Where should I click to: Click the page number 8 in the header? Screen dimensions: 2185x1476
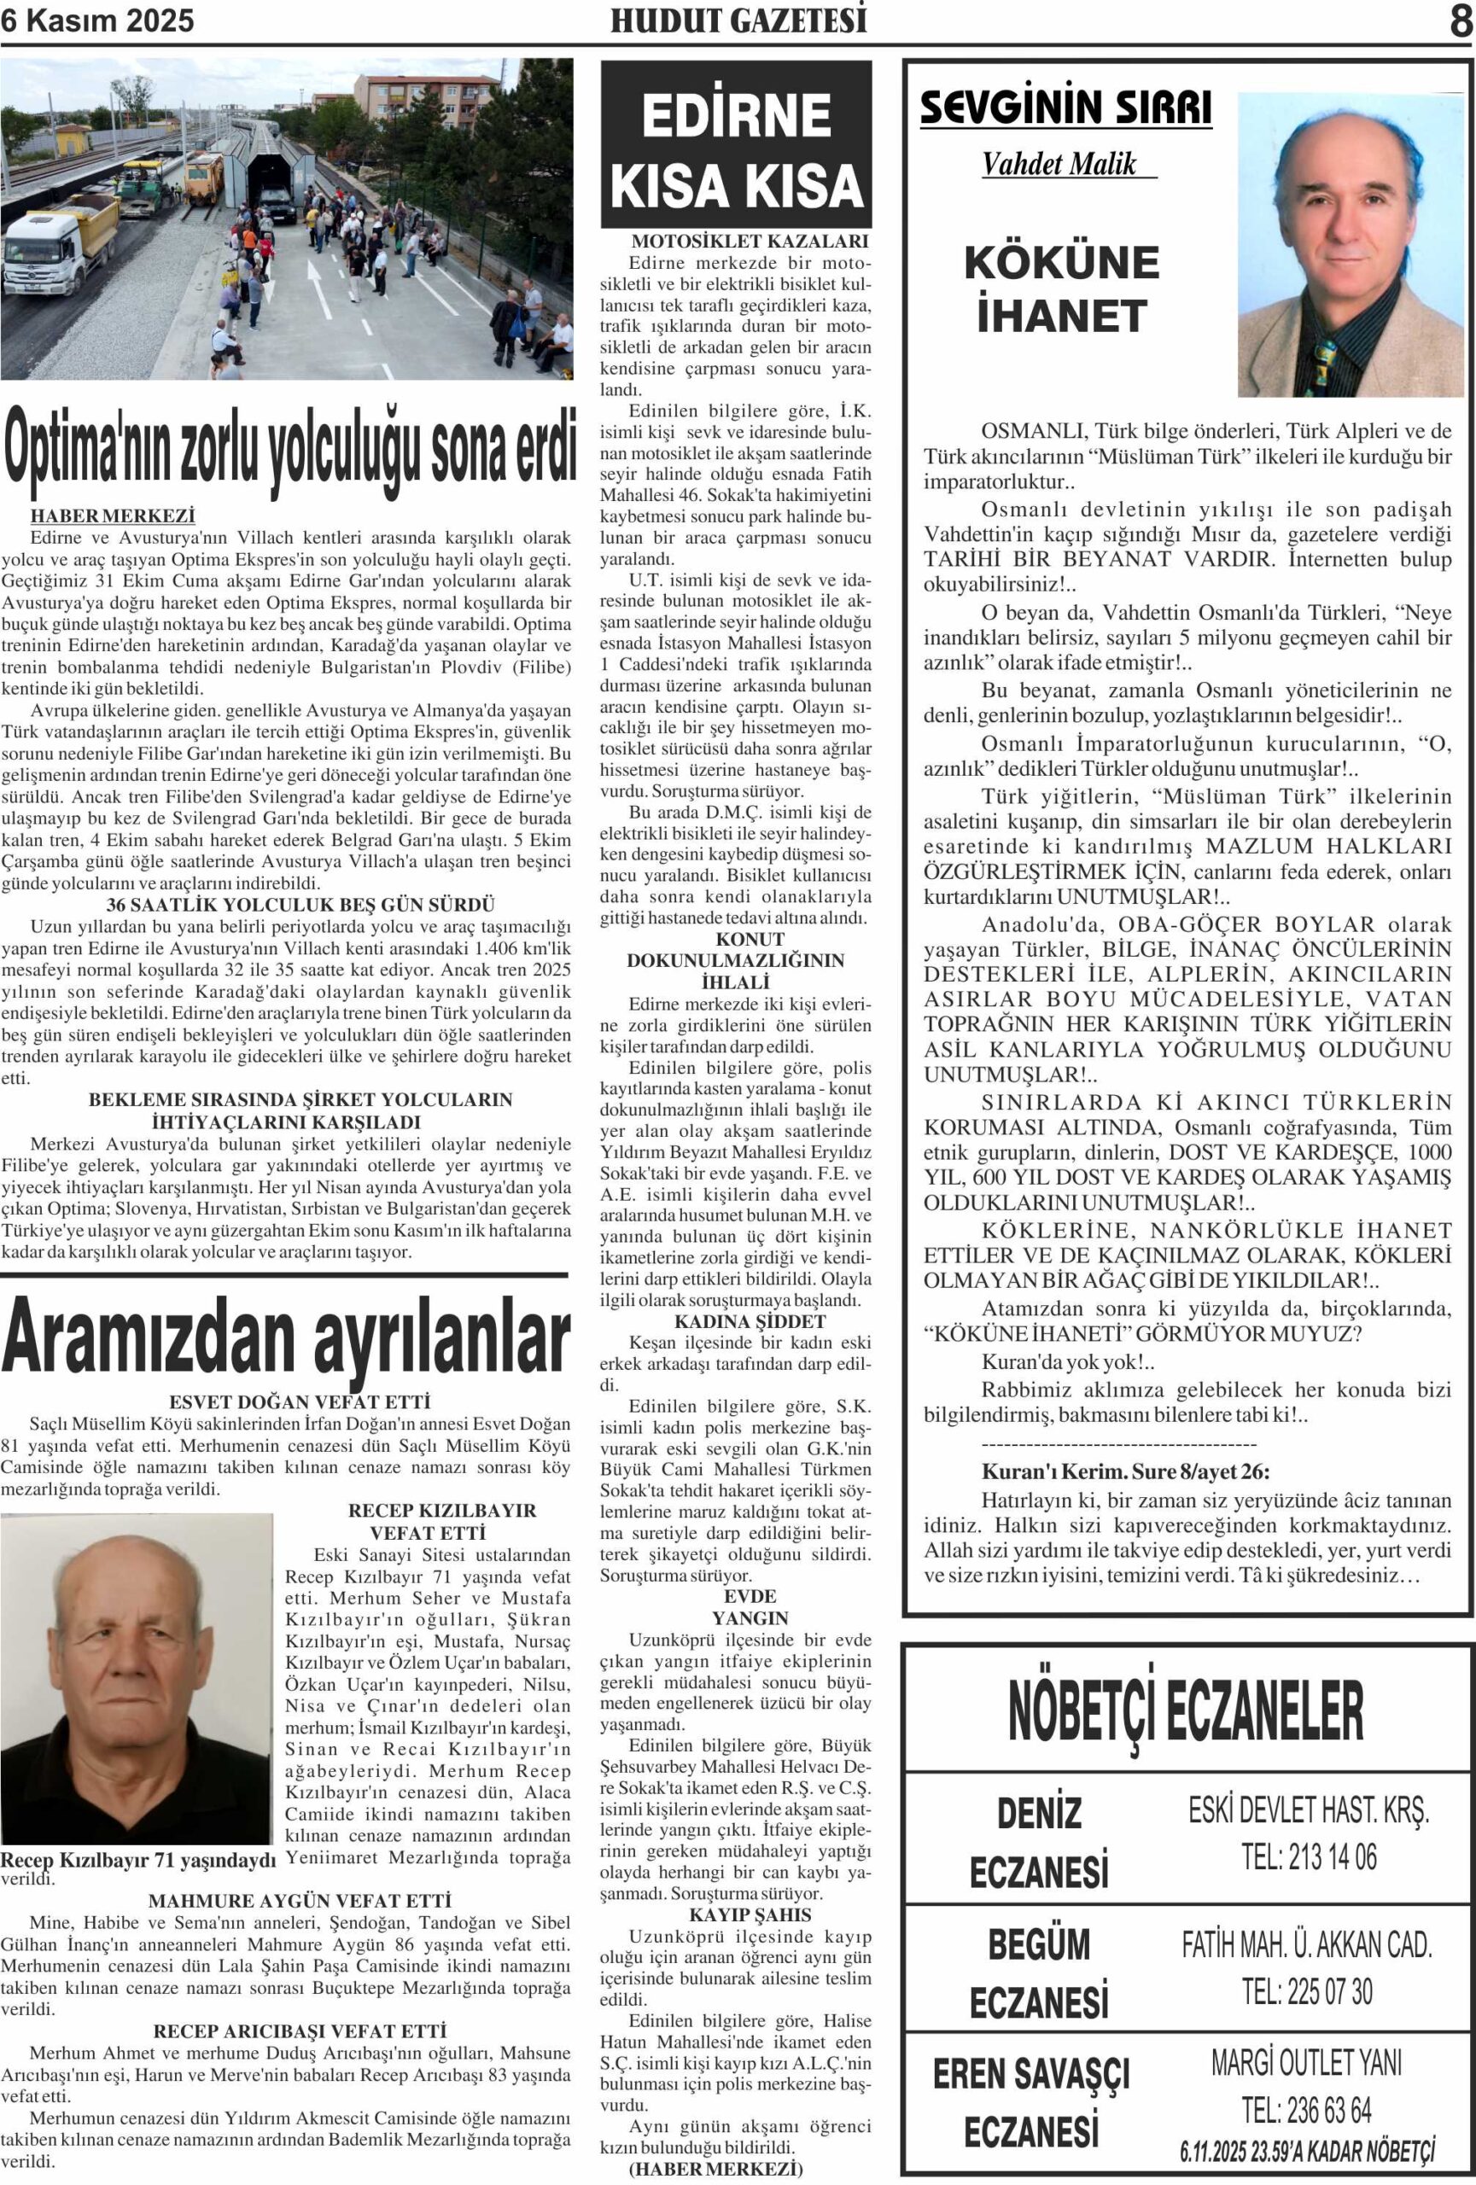point(1460,21)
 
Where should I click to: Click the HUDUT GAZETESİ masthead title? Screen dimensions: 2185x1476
point(738,20)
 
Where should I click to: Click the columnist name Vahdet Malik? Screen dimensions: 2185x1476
point(1059,165)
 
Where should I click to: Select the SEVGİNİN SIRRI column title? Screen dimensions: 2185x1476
point(1065,109)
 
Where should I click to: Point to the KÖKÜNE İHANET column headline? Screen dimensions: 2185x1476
point(1061,288)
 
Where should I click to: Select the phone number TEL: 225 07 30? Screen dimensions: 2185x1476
point(1307,1990)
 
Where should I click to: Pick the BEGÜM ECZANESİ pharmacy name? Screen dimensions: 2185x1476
point(1039,1973)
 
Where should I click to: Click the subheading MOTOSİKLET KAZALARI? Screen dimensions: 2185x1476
point(750,242)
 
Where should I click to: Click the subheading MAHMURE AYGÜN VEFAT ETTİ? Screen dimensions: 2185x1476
point(300,1900)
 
